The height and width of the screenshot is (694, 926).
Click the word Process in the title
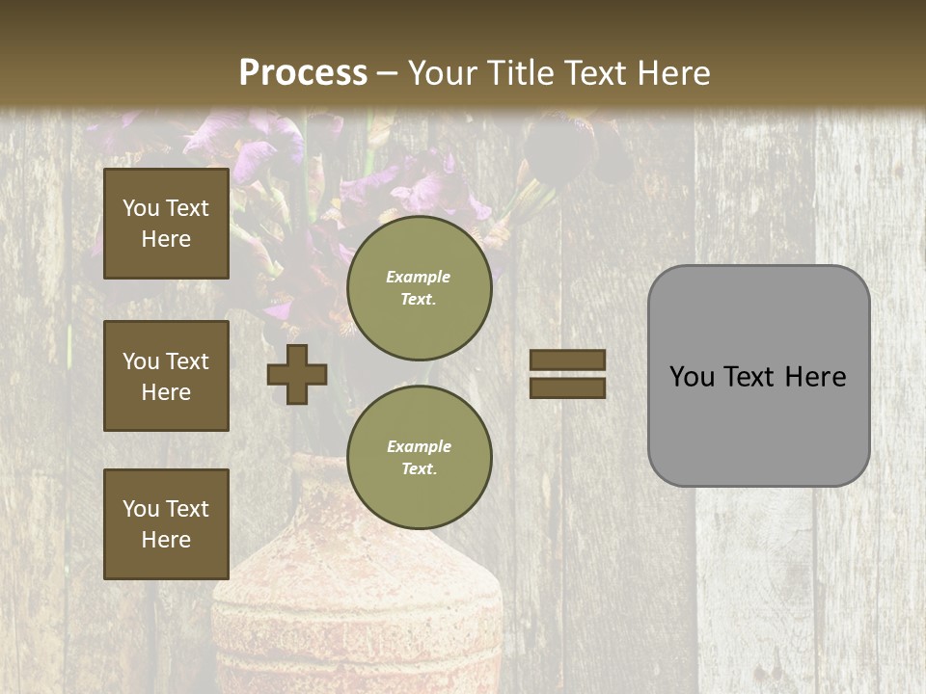pos(303,73)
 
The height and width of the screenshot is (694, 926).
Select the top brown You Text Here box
pos(166,224)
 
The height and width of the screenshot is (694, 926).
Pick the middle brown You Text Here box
pos(166,376)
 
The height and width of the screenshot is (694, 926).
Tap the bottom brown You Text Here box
pos(166,524)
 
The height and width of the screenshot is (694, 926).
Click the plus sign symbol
pos(297,374)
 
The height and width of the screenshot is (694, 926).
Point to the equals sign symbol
pos(567,374)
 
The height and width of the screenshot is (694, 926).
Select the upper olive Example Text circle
pos(420,287)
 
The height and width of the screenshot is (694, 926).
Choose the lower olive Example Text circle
pos(420,457)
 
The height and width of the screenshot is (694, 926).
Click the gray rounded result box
pos(758,376)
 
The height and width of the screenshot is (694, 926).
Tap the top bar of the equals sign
pos(567,360)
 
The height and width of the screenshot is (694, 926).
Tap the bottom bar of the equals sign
pos(567,387)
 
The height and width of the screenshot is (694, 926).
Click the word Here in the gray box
pos(815,377)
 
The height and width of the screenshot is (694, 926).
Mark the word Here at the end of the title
pos(673,73)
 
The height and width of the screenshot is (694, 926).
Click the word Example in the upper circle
pos(419,277)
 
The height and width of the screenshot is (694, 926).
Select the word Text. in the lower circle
pos(420,468)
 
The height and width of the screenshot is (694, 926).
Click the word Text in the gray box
pos(750,377)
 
